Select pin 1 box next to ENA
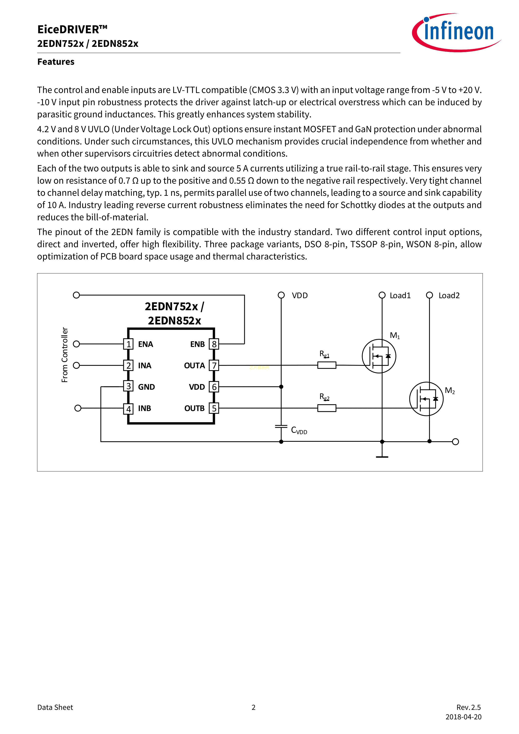[x=128, y=344]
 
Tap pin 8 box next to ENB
[x=214, y=344]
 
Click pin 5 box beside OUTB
[x=214, y=408]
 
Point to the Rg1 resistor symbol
[x=326, y=365]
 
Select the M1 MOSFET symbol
[x=379, y=356]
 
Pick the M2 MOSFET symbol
[x=426, y=399]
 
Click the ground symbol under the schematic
[x=382, y=456]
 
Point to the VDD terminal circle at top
[x=281, y=295]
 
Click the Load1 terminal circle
[x=382, y=295]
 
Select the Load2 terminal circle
[x=429, y=295]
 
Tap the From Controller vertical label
[x=65, y=355]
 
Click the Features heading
[x=56, y=62]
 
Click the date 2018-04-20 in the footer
[x=463, y=717]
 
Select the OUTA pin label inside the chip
[x=194, y=365]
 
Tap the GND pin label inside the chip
[x=146, y=387]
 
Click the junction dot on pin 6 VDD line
[x=281, y=387]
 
